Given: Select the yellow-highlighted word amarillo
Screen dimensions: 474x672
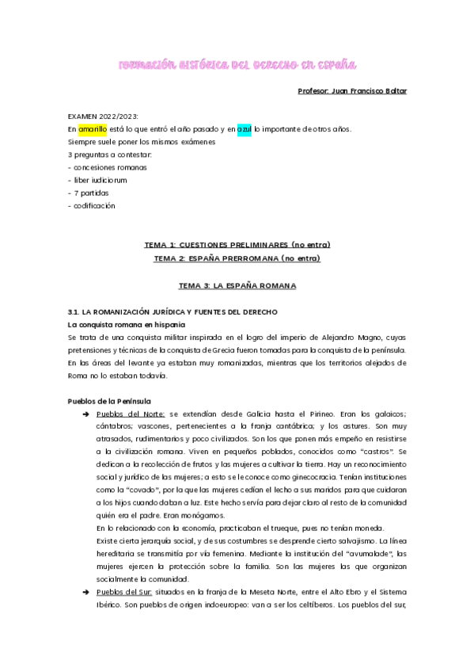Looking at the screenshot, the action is pyautogui.click(x=91, y=129).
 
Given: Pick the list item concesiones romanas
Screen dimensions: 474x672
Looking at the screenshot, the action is pyautogui.click(x=109, y=167).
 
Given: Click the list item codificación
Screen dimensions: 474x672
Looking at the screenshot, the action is pyautogui.click(x=94, y=205).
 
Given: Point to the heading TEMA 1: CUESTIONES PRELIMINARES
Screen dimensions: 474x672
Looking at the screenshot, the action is pyautogui.click(x=237, y=244).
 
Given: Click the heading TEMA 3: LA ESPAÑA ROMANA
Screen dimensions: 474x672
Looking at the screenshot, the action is pyautogui.click(x=237, y=284).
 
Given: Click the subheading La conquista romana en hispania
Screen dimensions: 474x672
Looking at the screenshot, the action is pyautogui.click(x=127, y=325).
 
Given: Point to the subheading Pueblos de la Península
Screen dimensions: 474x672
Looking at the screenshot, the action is pyautogui.click(x=109, y=401).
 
